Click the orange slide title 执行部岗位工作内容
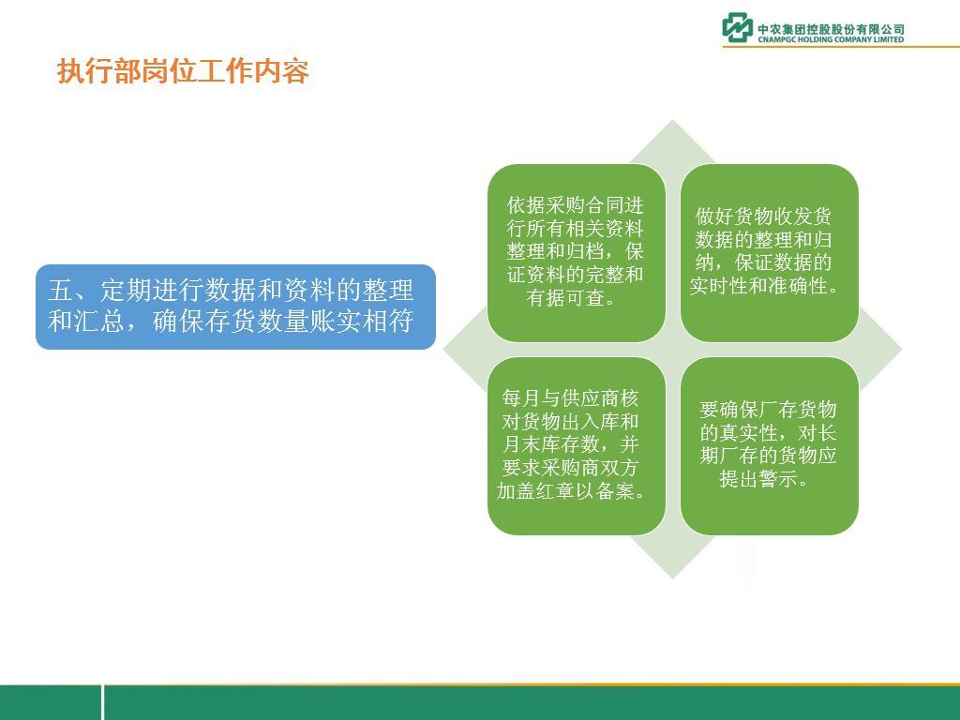click(x=183, y=71)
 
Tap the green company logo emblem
click(x=737, y=27)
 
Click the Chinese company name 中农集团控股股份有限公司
click(x=831, y=29)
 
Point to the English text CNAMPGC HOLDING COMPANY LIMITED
click(x=831, y=39)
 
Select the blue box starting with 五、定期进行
click(x=235, y=307)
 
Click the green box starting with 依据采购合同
click(x=577, y=253)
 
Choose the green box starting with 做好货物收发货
click(x=770, y=253)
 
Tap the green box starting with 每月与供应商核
click(x=577, y=445)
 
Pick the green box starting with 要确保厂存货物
click(x=770, y=445)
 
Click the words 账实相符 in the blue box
click(x=362, y=322)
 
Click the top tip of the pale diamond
click(x=673, y=120)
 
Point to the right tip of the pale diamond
click(x=903, y=350)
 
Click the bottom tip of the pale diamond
click(x=673, y=579)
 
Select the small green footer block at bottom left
click(x=51, y=702)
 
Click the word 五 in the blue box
click(x=61, y=291)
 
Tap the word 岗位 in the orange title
click(x=169, y=71)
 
